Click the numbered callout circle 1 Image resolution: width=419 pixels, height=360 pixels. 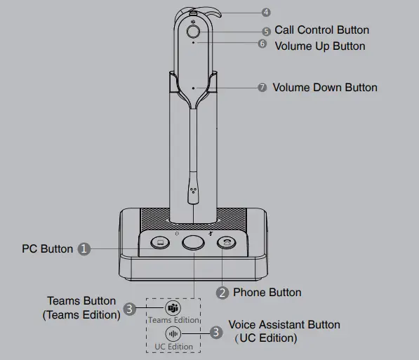pyautogui.click(x=84, y=248)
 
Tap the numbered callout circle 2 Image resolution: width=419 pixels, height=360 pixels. pyautogui.click(x=222, y=293)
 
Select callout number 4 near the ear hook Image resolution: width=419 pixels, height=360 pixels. pyautogui.click(x=265, y=13)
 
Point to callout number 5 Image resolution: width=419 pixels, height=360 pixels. pyautogui.click(x=266, y=32)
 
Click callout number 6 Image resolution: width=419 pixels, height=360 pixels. pyautogui.click(x=262, y=44)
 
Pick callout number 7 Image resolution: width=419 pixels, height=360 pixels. pyautogui.click(x=262, y=88)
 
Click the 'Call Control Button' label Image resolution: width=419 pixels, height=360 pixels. pyautogui.click(x=321, y=30)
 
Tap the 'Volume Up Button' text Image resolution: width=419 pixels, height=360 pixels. pyautogui.click(x=320, y=46)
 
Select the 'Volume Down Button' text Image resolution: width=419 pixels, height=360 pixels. pyautogui.click(x=325, y=88)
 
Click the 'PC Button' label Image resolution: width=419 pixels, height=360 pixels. pyautogui.click(x=47, y=248)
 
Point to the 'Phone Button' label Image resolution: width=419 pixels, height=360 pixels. pyautogui.click(x=267, y=293)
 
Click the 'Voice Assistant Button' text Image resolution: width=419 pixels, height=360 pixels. pyautogui.click(x=284, y=325)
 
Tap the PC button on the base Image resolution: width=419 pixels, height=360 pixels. pyautogui.click(x=159, y=243)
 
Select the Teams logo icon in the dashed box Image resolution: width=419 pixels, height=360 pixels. pyautogui.click(x=173, y=309)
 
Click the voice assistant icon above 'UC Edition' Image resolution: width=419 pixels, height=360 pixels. pyautogui.click(x=173, y=334)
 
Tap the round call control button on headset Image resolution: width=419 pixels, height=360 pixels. pyautogui.click(x=194, y=31)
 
